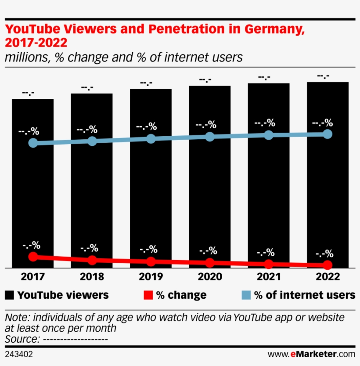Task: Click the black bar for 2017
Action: [32, 198]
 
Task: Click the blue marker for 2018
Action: [92, 141]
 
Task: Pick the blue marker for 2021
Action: [269, 135]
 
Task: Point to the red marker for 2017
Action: [32, 257]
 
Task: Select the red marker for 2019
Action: [151, 261]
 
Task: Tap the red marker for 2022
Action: [328, 265]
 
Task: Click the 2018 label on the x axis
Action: [92, 277]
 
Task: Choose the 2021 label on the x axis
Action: [269, 277]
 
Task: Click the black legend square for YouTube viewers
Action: [10, 295]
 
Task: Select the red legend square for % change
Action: [148, 295]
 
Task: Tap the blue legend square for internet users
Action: [247, 295]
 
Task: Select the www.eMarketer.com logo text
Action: [311, 354]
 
